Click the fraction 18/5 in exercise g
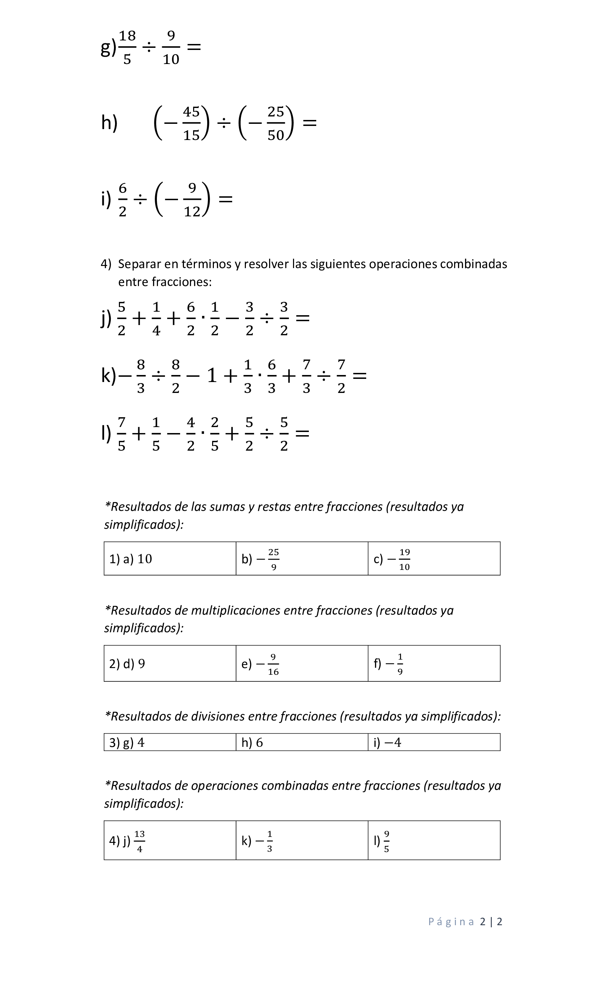point(127,47)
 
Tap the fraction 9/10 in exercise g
point(171,47)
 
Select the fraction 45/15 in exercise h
point(191,123)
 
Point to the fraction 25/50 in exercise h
point(275,123)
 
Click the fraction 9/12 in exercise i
point(192,199)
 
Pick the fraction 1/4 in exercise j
point(156,319)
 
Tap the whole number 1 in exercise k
point(212,376)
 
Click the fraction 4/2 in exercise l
point(191,434)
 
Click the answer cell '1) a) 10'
point(170,559)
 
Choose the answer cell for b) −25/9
point(302,559)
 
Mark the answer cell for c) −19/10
point(434,559)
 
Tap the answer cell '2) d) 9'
point(170,663)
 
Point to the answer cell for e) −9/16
point(302,663)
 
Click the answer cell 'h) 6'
point(302,742)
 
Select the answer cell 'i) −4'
point(434,742)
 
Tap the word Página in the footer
point(451,922)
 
